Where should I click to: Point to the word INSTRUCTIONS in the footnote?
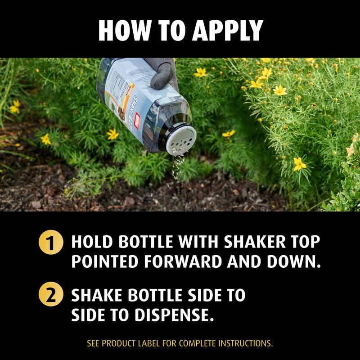(x=245, y=343)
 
